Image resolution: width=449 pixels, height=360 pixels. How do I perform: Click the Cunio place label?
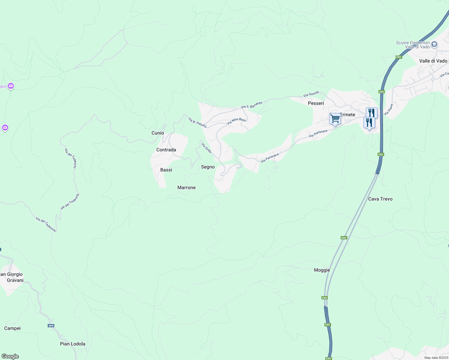pos(158,133)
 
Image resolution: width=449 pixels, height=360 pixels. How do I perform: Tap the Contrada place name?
pos(166,150)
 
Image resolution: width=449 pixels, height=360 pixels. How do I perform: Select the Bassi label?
pos(166,170)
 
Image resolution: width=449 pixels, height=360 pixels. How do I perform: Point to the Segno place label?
pos(208,167)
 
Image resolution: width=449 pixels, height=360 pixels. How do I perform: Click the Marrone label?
pos(186,187)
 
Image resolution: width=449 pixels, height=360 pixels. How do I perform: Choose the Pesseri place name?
pos(316,103)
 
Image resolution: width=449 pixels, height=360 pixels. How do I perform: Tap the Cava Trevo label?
pos(380,199)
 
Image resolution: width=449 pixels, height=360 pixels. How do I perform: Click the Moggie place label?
pos(322,270)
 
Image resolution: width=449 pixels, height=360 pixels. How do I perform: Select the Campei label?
pos(12,328)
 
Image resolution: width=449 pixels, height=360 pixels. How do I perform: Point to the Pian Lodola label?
pos(73,344)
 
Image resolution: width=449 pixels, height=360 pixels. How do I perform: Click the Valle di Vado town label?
pos(433,61)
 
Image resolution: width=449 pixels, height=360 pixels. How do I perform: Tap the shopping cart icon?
pos(335,118)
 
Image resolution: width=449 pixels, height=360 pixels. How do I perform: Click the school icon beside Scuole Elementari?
pos(434,45)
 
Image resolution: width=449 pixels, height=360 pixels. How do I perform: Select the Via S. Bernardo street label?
pos(252,105)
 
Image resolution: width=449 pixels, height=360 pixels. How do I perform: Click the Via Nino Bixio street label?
pos(237,121)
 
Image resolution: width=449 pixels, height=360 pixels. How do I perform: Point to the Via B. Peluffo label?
pos(197,123)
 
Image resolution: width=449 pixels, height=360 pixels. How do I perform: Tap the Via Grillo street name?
pos(206,148)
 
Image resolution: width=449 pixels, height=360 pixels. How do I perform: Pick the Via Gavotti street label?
pos(311,94)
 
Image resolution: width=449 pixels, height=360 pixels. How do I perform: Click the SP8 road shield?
pos(51,326)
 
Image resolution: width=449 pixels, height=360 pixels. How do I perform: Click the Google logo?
pos(10,356)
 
